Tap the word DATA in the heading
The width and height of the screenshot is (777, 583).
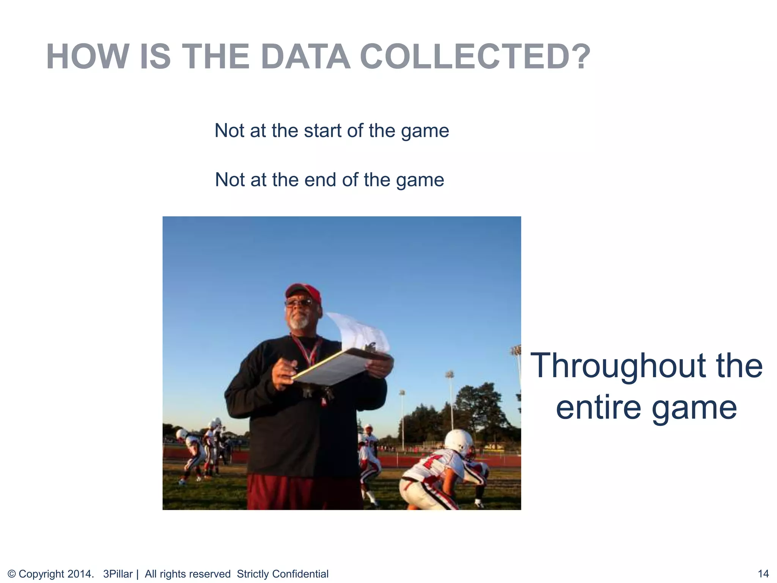click(x=305, y=57)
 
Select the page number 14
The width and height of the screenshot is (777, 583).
click(x=763, y=574)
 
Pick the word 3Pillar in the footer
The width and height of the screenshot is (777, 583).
click(x=118, y=574)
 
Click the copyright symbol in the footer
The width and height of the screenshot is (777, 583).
click(x=11, y=574)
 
